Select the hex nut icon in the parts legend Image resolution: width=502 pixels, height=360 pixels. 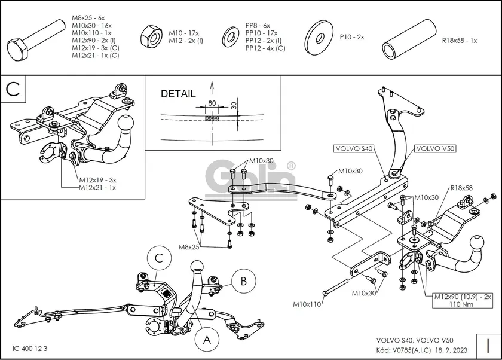pos(149,37)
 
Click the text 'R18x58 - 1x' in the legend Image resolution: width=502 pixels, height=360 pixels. pos(459,41)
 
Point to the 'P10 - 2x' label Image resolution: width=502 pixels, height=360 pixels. pos(351,37)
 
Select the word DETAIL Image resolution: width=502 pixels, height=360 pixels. pos(177,94)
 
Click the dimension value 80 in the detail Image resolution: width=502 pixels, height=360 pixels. pos(212,104)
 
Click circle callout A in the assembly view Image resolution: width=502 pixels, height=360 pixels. pos(207,340)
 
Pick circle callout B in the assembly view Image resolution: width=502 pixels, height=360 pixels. pos(243,280)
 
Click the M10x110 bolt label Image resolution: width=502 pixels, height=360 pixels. pos(307,304)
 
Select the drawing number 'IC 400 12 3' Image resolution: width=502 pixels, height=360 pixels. pos(30,348)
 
